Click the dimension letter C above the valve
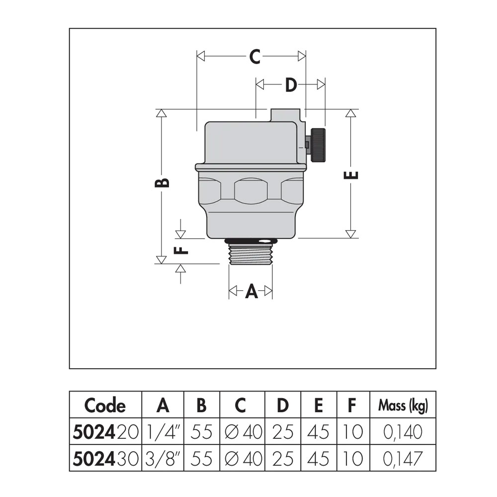click(254, 57)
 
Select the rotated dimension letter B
click(162, 183)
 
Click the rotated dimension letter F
click(181, 250)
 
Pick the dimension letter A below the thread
click(251, 291)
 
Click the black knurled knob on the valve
click(318, 145)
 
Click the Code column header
click(105, 406)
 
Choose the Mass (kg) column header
click(403, 406)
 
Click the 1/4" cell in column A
click(163, 432)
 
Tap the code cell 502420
click(105, 432)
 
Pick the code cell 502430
click(105, 459)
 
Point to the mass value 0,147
click(403, 459)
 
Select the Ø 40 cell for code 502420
click(243, 432)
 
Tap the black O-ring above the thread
click(250, 242)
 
